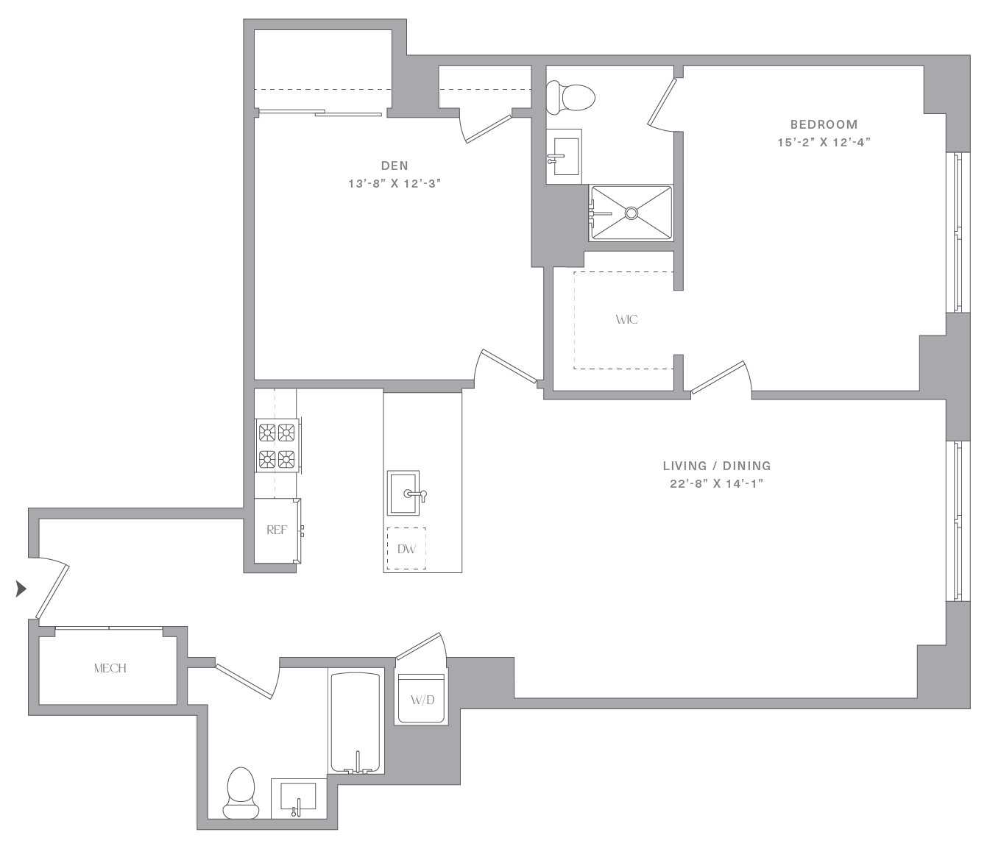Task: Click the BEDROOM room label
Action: coord(824,124)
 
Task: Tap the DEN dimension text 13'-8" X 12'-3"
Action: coord(395,184)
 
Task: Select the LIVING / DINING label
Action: coord(717,466)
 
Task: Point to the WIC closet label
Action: coord(626,320)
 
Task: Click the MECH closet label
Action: coord(110,669)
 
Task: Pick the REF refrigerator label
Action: coord(277,530)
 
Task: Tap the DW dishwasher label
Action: coord(407,550)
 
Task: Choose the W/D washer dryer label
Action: coord(422,700)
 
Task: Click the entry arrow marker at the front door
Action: coord(21,589)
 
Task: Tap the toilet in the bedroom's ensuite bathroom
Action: coord(570,98)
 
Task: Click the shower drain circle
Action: coord(632,213)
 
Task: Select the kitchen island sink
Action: coord(403,493)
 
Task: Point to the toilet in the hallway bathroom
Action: coord(241,793)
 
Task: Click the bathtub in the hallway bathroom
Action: coord(356,722)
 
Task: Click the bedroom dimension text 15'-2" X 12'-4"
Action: coord(824,142)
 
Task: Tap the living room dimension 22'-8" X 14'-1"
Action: coord(717,484)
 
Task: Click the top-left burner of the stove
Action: coord(267,433)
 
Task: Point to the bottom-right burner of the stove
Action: coord(286,459)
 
